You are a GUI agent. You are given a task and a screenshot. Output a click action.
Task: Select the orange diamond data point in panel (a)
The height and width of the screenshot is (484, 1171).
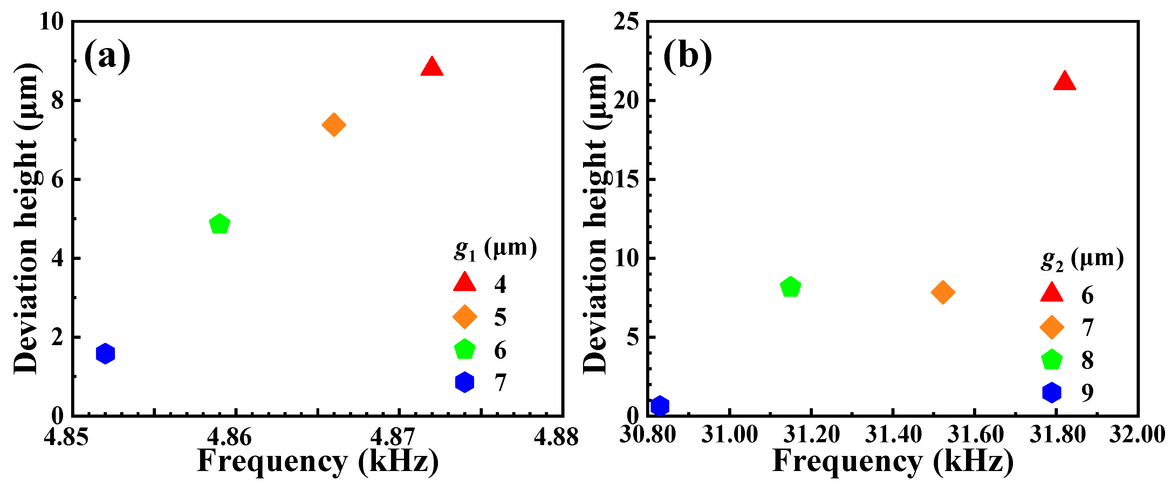point(334,125)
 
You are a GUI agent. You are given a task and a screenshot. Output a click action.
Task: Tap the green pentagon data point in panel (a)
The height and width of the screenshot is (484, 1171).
point(220,224)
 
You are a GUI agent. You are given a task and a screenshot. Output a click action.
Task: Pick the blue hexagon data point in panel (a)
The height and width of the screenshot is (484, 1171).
point(105,354)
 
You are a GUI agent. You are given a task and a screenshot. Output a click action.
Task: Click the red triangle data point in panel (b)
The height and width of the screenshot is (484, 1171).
point(1064,82)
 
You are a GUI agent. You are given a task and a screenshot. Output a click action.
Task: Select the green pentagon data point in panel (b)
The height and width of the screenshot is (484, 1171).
point(790,287)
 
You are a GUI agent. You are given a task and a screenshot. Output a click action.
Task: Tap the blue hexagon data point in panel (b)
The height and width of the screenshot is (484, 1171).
point(659,405)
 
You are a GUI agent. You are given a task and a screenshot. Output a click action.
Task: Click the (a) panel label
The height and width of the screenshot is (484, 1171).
point(107,56)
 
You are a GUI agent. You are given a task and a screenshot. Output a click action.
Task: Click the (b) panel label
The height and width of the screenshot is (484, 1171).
point(687,56)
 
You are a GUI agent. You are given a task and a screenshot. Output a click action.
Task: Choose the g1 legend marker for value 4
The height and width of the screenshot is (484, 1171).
point(465,282)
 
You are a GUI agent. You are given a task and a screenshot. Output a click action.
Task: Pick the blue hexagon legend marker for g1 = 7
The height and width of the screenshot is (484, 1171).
point(465,382)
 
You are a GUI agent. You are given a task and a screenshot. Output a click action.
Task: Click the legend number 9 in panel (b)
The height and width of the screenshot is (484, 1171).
point(1087,392)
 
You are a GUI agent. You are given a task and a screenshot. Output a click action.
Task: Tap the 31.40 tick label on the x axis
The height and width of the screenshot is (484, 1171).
point(893,435)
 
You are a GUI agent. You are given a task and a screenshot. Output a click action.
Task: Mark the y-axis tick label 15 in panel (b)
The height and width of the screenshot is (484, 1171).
point(626,179)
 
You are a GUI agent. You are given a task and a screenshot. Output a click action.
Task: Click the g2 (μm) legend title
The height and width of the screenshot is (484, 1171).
point(1082,259)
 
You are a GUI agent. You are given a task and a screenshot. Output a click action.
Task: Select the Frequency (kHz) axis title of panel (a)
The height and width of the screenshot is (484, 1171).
point(318,461)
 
